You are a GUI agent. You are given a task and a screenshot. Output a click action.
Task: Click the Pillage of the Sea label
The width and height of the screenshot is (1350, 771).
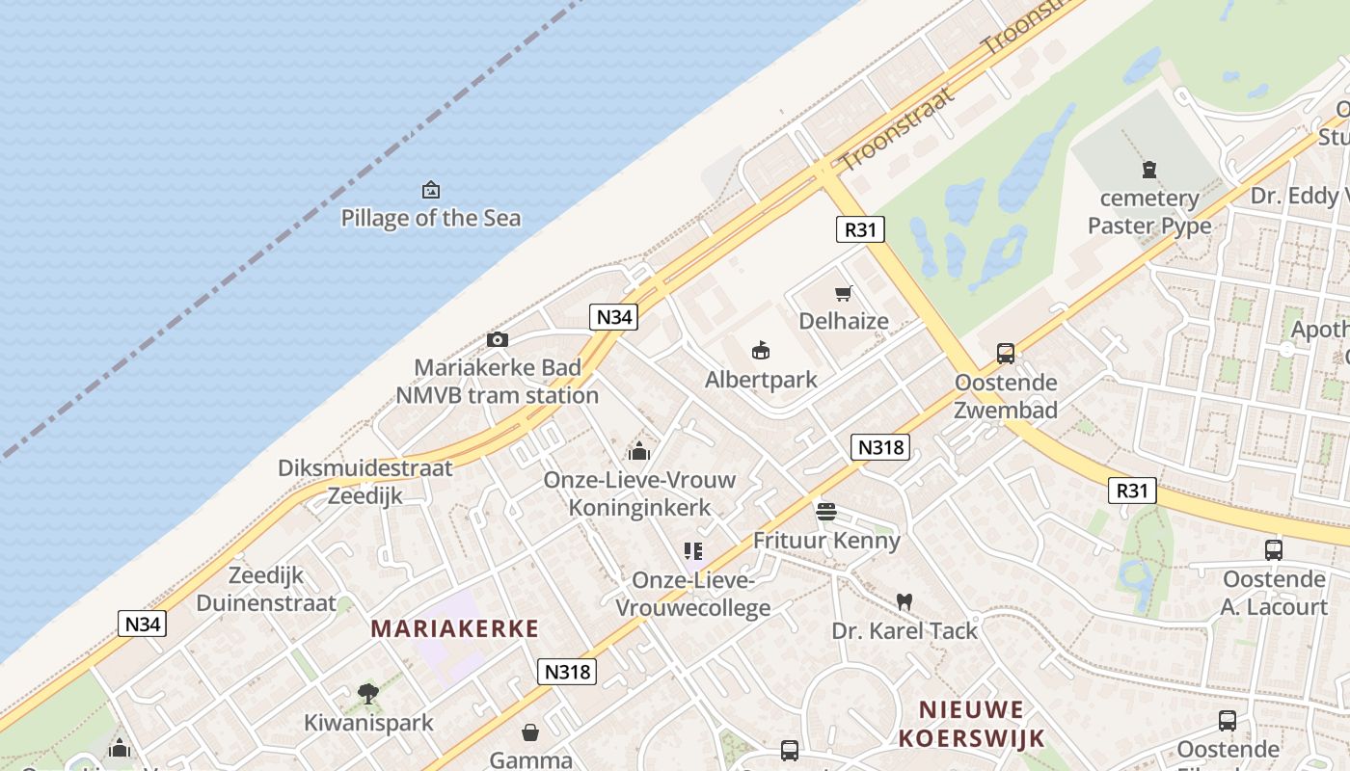click(x=431, y=218)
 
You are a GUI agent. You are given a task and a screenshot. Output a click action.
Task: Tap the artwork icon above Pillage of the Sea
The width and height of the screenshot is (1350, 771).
click(x=431, y=190)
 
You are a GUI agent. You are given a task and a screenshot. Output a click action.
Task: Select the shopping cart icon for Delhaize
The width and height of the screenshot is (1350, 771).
click(x=844, y=293)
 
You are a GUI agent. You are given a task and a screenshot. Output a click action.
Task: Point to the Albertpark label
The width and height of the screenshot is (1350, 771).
click(x=761, y=380)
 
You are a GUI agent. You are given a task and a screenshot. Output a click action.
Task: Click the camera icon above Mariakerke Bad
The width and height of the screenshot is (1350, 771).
click(x=498, y=339)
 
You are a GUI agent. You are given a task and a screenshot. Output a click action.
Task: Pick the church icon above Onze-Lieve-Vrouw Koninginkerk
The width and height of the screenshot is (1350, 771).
click(x=638, y=451)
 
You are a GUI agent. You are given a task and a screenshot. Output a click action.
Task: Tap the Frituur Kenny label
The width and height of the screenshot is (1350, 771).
click(x=826, y=540)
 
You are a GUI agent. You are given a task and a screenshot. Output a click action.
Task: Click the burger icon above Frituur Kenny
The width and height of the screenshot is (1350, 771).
click(x=826, y=512)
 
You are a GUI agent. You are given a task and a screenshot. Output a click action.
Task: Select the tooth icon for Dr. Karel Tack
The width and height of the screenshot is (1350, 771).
click(x=904, y=601)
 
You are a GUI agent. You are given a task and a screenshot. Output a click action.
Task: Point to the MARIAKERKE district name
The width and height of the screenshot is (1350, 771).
click(x=455, y=628)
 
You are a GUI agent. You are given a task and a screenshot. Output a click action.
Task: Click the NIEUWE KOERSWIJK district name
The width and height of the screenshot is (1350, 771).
click(x=971, y=725)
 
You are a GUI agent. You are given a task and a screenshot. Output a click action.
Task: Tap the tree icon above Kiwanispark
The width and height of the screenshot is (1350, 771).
click(x=367, y=693)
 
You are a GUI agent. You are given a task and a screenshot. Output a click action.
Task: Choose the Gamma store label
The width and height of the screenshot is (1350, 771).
click(x=530, y=759)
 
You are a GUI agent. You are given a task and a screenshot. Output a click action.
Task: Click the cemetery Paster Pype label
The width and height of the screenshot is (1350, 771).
click(x=1149, y=212)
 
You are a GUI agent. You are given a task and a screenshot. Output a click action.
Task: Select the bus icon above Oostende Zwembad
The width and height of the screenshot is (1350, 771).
click(x=1006, y=354)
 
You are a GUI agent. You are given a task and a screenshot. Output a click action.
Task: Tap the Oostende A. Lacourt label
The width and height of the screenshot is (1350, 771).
click(x=1274, y=593)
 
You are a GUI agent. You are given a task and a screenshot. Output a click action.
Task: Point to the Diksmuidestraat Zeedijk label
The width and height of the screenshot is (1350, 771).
click(x=364, y=482)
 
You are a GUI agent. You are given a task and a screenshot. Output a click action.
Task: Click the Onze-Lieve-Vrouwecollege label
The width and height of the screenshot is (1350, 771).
click(x=692, y=594)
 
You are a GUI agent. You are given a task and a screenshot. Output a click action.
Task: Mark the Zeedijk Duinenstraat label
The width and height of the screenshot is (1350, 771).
click(x=266, y=589)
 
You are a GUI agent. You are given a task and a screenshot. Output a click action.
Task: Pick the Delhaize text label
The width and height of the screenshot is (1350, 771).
click(x=844, y=321)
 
